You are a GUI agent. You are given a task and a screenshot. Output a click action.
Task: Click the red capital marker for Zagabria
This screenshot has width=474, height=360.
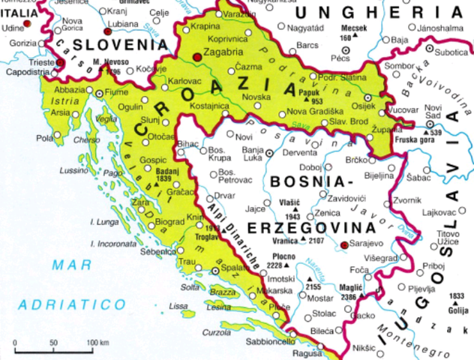pyautogui.click(x=197, y=55)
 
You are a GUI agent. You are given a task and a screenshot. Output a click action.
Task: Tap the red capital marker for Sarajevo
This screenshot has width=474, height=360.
pyautogui.click(x=344, y=244)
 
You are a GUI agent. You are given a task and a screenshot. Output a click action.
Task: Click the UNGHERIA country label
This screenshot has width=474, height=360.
pyautogui.click(x=377, y=12)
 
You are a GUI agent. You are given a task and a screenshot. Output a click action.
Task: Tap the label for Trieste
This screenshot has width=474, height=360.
pyautogui.click(x=42, y=63)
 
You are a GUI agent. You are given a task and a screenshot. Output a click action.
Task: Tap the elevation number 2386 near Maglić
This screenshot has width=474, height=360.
pyautogui.click(x=347, y=298)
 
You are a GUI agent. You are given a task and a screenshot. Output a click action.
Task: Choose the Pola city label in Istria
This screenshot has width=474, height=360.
pyautogui.click(x=44, y=138)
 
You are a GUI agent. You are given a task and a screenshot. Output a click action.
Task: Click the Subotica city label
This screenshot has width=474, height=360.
pyautogui.click(x=451, y=52)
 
